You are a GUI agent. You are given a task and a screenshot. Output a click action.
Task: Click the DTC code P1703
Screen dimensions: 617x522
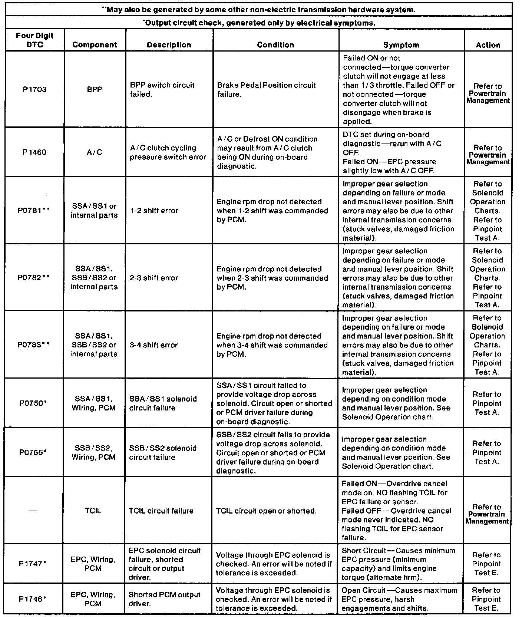coord(33,89)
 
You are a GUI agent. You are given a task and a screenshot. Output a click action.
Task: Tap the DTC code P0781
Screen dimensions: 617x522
coord(33,211)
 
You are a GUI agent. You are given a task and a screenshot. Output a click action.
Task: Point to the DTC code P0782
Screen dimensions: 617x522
coord(33,278)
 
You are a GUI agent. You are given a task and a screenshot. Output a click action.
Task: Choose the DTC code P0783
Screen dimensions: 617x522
coord(33,345)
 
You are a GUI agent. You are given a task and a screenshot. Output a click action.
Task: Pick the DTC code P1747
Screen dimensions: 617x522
coord(33,564)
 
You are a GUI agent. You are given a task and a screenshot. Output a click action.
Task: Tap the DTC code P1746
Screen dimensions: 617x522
coord(33,599)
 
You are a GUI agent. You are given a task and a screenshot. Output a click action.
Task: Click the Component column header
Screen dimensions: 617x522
coord(95,45)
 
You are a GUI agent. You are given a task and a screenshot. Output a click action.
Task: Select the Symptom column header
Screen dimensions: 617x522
coord(401,45)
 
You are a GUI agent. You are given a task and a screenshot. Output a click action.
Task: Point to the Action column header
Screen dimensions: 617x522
coord(488,45)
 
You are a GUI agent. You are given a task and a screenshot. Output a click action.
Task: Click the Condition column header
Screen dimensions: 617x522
coord(275,45)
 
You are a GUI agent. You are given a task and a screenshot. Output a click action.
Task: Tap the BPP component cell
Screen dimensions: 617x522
coord(95,89)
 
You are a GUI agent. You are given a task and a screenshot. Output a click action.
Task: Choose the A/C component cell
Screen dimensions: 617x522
coord(95,152)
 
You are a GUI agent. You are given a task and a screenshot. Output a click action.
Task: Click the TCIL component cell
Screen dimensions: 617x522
coord(93,511)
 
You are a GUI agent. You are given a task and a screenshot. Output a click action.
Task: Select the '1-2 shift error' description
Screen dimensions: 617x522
coord(154,211)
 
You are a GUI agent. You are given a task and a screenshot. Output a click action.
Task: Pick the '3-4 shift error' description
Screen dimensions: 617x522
coord(154,345)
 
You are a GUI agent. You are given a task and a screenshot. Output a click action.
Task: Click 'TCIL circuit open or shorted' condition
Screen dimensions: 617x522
coord(266,511)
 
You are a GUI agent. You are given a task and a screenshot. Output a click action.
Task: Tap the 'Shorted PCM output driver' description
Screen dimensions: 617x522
coord(165,599)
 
